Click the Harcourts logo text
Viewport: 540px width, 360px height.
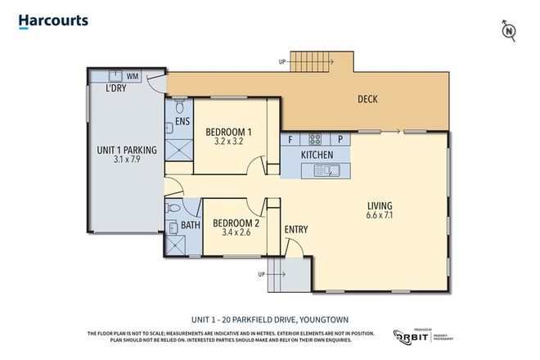click(x=53, y=21)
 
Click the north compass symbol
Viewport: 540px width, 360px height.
click(x=509, y=31)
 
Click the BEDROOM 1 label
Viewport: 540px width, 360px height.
click(x=228, y=132)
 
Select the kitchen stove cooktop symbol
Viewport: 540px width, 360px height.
click(x=316, y=138)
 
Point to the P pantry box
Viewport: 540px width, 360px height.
click(x=340, y=140)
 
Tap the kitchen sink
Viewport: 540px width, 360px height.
click(x=328, y=170)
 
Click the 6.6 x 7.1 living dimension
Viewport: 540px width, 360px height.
click(x=379, y=217)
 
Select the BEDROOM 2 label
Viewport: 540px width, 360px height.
click(x=236, y=222)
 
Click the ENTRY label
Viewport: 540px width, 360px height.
click(x=296, y=229)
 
